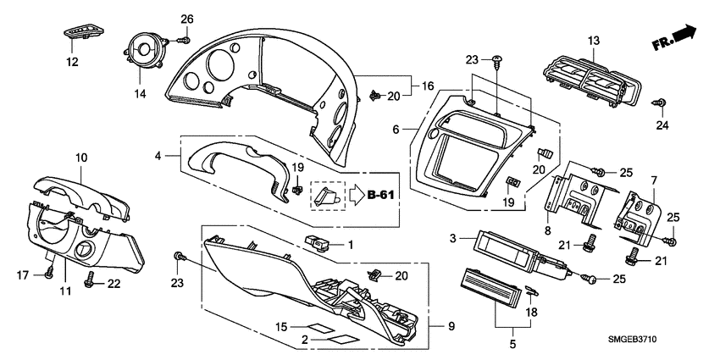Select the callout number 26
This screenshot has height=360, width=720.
click(x=187, y=19)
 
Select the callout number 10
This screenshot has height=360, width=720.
click(x=81, y=158)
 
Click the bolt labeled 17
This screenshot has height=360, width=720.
click(x=50, y=273)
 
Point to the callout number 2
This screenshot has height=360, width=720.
click(x=306, y=339)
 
